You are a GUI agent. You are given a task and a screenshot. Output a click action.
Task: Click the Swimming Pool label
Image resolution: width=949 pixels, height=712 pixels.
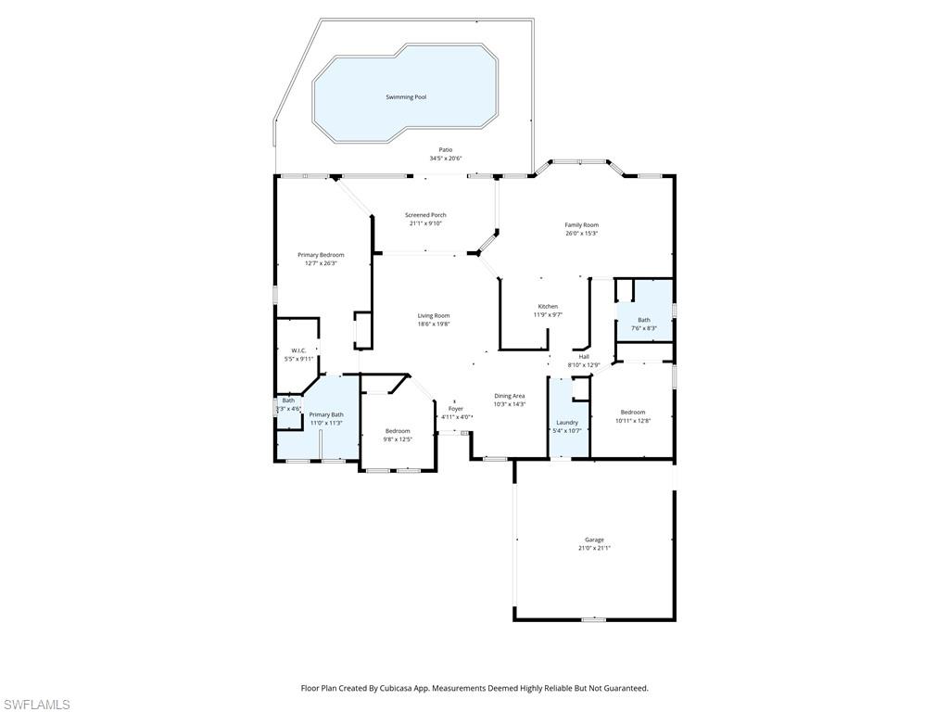tap(406, 97)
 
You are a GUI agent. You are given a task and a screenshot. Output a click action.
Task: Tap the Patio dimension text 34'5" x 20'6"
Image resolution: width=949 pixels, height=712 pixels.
tap(446, 159)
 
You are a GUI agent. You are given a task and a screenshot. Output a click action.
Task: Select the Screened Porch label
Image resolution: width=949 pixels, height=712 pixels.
tap(425, 215)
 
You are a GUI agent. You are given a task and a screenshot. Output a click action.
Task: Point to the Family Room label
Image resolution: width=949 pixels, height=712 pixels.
tap(582, 225)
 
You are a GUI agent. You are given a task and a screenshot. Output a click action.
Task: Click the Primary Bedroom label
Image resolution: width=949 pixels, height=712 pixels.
tap(321, 255)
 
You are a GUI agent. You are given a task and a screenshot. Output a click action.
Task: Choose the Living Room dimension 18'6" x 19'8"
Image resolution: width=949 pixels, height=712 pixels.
tap(433, 324)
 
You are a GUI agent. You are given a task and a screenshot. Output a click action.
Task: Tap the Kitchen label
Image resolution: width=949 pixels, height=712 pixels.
tap(548, 307)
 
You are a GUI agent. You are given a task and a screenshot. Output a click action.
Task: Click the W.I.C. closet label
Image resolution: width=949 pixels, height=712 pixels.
tap(298, 350)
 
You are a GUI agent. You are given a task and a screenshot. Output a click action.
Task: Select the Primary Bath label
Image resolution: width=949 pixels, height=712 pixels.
tap(325, 414)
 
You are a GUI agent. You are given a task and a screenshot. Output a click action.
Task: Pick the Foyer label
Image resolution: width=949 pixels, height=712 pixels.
tap(456, 409)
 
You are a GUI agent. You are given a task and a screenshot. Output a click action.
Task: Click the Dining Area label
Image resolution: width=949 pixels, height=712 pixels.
tap(510, 396)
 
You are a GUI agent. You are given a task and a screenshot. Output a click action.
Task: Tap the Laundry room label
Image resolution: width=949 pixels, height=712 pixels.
tap(566, 422)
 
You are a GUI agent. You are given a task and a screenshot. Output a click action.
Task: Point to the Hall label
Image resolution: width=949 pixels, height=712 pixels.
tap(584, 356)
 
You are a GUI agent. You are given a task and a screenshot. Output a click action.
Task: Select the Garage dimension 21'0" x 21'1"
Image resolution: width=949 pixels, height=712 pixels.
tap(594, 548)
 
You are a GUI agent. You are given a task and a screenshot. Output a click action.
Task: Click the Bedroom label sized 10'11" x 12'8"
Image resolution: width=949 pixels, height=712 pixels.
tap(633, 413)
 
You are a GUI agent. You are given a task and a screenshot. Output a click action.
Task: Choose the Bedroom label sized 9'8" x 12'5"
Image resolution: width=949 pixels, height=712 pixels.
tap(398, 431)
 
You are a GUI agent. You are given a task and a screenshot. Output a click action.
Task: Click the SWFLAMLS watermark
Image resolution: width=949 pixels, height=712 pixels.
tap(36, 705)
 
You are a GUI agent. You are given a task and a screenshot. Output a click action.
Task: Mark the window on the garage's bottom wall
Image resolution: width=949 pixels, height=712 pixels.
tap(593, 619)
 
